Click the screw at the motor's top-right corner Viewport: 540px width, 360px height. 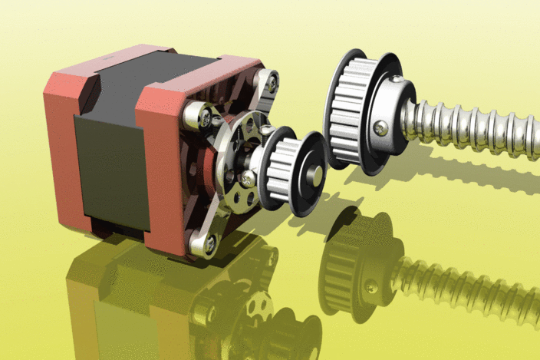click(x=269, y=80)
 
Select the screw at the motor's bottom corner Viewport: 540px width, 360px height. click(x=208, y=244)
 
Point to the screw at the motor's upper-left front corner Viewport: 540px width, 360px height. click(x=205, y=117)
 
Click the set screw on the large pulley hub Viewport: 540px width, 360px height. click(x=381, y=128)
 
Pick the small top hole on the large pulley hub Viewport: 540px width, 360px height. click(x=396, y=78)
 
